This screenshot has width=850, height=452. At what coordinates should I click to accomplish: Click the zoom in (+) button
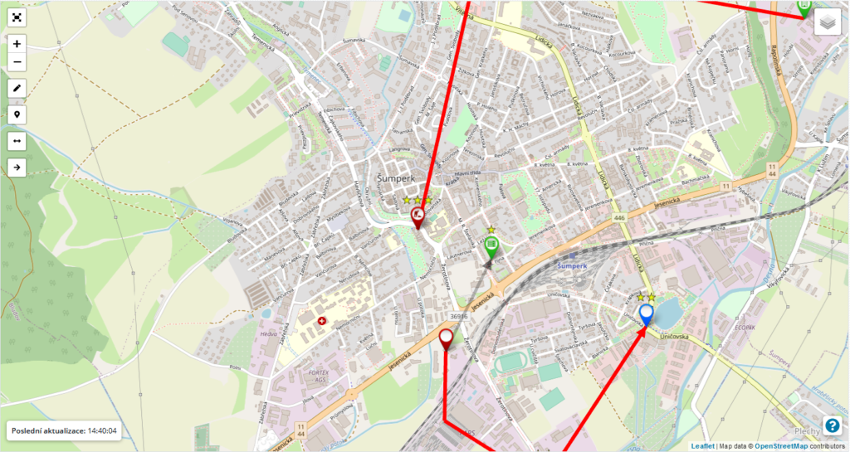[x=17, y=43]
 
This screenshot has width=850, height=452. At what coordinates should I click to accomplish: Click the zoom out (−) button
[x=17, y=62]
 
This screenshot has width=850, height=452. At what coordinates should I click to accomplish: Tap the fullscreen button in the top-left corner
[x=17, y=17]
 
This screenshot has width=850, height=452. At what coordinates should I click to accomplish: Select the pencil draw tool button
[x=17, y=87]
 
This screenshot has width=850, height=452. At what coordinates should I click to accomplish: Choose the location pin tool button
[x=17, y=114]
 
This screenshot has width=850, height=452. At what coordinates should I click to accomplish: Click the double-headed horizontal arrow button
[x=17, y=141]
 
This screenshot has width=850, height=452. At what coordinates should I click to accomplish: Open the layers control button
[x=827, y=23]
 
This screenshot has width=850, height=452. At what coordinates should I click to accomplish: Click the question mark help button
[x=832, y=425]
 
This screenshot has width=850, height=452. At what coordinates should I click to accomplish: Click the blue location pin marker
[x=647, y=313]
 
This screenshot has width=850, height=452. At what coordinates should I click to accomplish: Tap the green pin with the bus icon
[x=491, y=245]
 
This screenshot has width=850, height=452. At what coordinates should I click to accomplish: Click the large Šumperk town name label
[x=395, y=177]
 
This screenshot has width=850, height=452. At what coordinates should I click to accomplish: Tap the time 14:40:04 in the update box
[x=104, y=431]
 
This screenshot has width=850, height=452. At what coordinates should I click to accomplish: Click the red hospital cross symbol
[x=322, y=320]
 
